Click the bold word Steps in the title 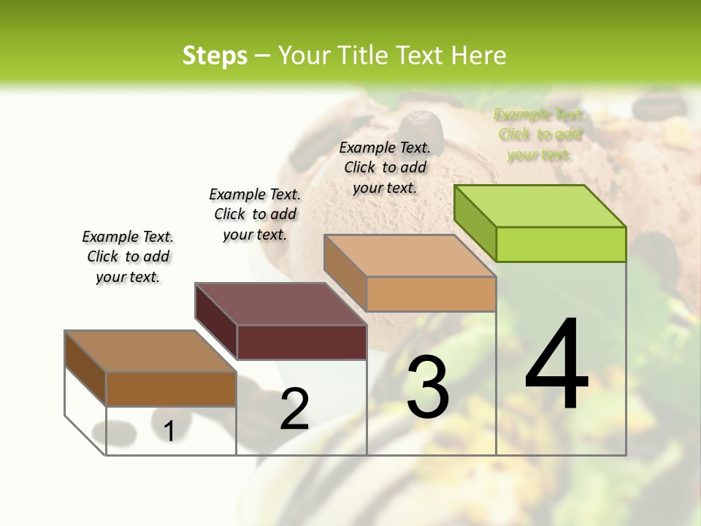[x=215, y=56]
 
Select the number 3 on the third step [x=427, y=386]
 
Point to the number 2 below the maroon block [x=294, y=409]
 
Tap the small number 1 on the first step [x=169, y=432]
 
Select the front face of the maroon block [x=302, y=342]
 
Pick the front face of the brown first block [x=171, y=389]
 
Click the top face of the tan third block [x=410, y=256]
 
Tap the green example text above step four [x=539, y=134]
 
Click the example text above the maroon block [x=255, y=214]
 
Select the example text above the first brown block [x=128, y=256]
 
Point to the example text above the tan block [x=385, y=167]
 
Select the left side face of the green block [x=475, y=222]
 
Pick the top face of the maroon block [x=280, y=304]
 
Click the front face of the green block [x=561, y=244]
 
